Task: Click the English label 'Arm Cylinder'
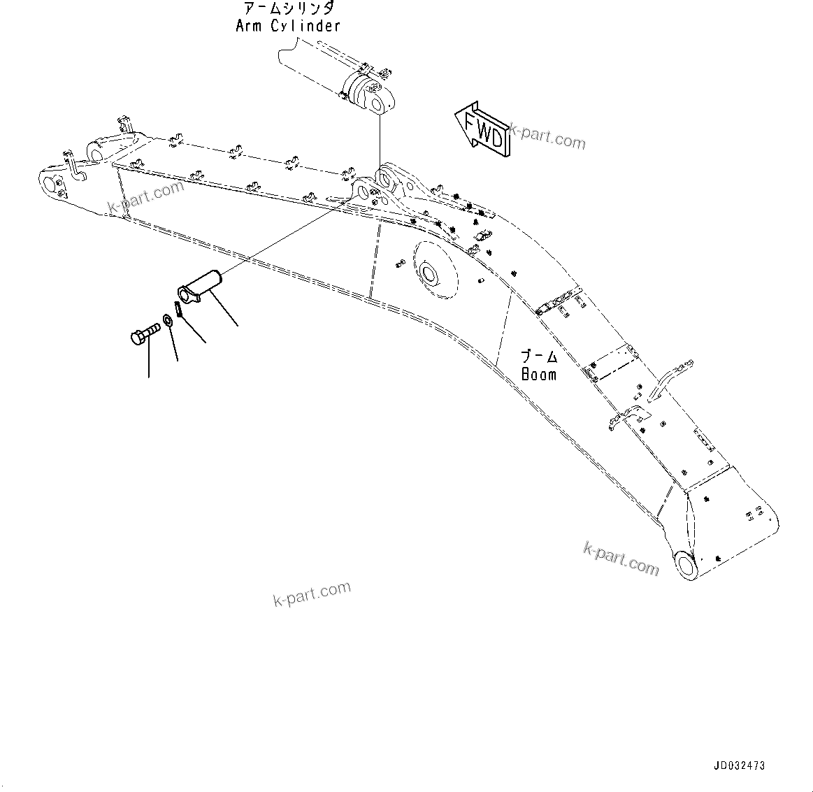(288, 27)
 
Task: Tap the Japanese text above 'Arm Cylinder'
(288, 9)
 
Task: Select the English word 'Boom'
(539, 375)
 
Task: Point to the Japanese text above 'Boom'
(539, 357)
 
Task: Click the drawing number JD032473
(739, 765)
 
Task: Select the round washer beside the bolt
(168, 322)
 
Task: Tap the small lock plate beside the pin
(178, 308)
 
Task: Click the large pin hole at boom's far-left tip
(50, 185)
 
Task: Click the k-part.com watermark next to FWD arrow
(548, 136)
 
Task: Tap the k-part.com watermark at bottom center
(312, 593)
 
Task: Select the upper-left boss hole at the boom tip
(97, 150)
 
